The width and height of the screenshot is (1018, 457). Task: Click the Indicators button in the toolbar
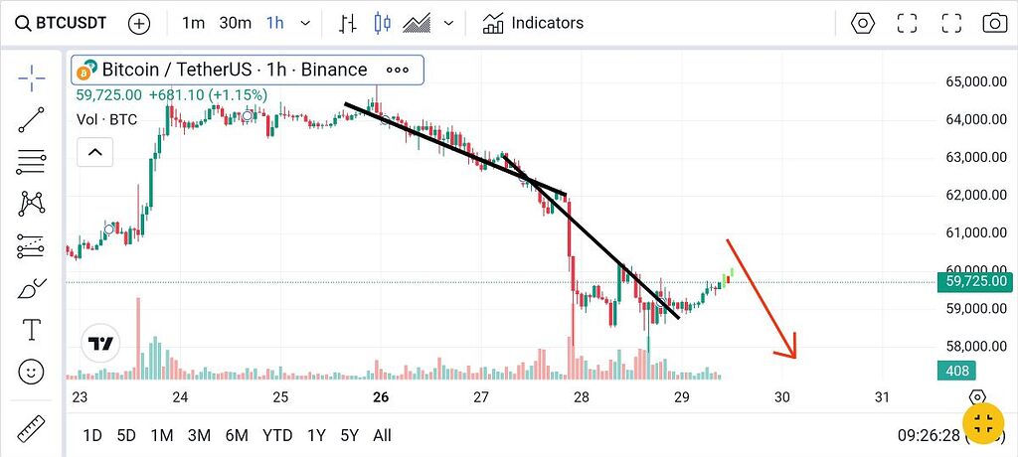534,23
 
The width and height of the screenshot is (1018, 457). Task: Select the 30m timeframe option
235,23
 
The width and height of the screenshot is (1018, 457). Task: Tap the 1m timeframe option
194,23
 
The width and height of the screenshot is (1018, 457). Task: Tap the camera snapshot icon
994,23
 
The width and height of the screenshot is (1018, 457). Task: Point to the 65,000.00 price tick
972,82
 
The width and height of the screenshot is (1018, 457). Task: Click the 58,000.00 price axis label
972,347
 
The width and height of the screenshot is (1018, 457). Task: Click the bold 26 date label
380,397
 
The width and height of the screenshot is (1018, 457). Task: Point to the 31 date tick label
881,397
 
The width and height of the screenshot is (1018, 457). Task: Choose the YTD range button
276,435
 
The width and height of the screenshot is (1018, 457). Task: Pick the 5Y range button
349,435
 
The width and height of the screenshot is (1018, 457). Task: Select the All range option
382,435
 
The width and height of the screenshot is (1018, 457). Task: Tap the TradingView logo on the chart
99,344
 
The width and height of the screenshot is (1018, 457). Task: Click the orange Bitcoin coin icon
85,71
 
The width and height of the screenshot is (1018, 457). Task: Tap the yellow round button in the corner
983,424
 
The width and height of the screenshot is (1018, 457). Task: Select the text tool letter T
32,330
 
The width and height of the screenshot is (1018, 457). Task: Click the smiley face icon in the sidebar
32,373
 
